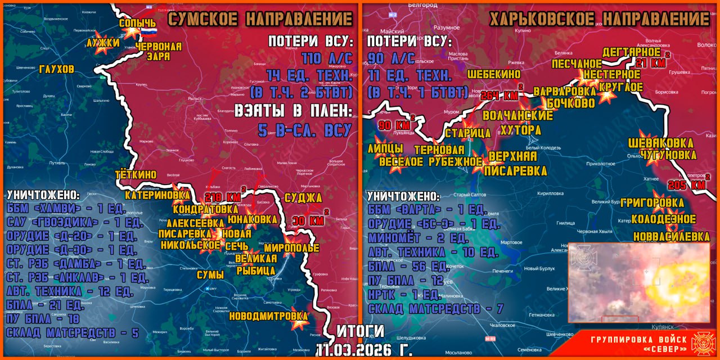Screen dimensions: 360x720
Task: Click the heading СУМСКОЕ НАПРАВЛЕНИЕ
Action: tap(260, 19)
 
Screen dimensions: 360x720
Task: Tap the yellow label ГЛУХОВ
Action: tap(57, 69)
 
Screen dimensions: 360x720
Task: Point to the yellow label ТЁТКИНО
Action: tap(136, 174)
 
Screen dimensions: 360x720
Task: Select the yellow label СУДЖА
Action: tap(303, 197)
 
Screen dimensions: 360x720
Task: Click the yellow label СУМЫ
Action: tap(210, 274)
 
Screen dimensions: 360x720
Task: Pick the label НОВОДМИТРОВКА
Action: tap(269, 316)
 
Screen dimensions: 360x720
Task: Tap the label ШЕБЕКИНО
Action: tap(493, 74)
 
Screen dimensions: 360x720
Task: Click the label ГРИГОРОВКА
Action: tap(652, 203)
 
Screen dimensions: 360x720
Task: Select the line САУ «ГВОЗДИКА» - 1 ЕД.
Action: tap(74, 222)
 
